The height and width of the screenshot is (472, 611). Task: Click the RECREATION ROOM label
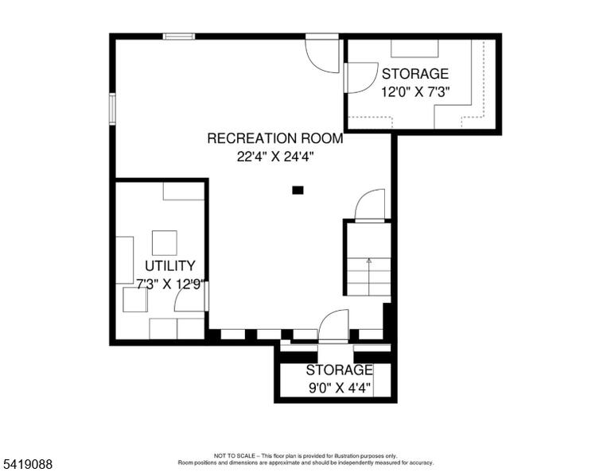(275, 138)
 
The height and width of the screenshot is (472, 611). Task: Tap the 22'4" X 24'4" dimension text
(275, 157)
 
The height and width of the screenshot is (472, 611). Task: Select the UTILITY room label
(170, 265)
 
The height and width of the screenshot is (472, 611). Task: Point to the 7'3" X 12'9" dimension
(170, 284)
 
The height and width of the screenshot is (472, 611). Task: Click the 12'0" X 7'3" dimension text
(415, 92)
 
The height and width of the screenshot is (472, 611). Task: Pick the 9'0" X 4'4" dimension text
(340, 388)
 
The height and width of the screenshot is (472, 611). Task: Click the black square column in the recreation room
(298, 190)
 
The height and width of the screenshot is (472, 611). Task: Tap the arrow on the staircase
(369, 277)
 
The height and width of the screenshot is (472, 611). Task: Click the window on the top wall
(179, 37)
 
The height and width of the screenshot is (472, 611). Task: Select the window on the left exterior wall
(113, 109)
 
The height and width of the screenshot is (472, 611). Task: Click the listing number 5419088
(28, 464)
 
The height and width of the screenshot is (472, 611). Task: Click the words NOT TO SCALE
(235, 455)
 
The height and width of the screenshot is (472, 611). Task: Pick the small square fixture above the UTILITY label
(165, 243)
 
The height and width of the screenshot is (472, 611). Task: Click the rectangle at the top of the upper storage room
(414, 48)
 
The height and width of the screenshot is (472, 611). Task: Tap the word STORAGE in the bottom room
(340, 370)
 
